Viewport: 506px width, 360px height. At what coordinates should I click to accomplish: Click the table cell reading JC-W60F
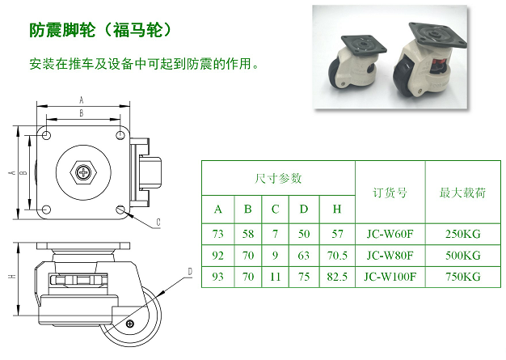coord(390,234)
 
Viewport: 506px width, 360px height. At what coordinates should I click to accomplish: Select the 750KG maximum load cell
coord(463,277)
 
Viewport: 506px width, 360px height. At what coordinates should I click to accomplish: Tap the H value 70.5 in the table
coord(337,256)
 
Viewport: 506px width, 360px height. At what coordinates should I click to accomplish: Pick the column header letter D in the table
coord(304,210)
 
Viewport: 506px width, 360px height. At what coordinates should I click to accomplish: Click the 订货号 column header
coord(390,193)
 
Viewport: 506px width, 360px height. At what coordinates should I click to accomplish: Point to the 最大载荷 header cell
coord(463,193)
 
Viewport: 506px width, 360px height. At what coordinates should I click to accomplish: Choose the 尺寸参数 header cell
coord(278,178)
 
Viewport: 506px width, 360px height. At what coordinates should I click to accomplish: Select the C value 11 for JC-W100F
coord(275,277)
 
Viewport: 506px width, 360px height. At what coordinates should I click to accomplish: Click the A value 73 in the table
coord(217,234)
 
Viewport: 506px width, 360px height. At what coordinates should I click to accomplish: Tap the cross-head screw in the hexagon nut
coord(83,172)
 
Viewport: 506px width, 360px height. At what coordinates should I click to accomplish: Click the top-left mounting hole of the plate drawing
coord(46,135)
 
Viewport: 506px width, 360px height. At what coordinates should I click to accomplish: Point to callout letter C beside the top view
coord(158,222)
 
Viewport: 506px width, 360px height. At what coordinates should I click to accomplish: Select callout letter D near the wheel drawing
coord(190,272)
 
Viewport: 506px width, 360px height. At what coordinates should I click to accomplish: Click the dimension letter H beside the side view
coord(13,276)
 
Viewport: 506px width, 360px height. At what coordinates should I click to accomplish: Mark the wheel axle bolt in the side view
coord(129,324)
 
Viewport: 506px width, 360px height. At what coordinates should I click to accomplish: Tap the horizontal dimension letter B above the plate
coord(82,113)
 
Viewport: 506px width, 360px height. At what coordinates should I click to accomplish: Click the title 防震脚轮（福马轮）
coord(101,30)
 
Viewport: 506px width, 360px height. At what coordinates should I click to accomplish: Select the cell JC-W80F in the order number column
coord(390,256)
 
